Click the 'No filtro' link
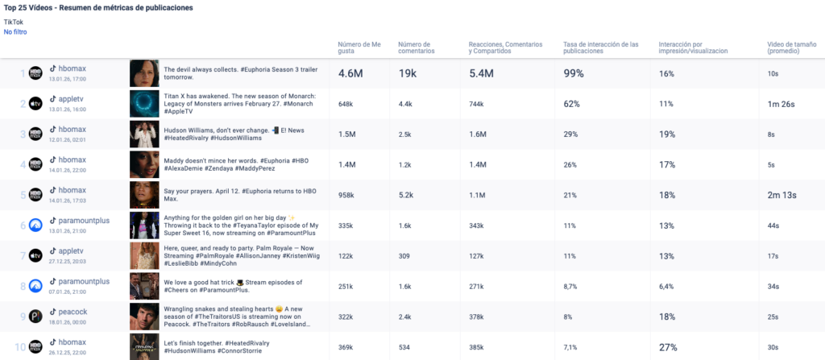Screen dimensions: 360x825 click(15, 32)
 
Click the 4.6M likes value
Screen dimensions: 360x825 click(351, 73)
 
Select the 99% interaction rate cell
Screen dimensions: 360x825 click(574, 73)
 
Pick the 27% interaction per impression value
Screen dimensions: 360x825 click(667, 347)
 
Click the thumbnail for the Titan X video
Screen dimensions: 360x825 click(143, 103)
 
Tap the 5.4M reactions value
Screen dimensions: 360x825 click(484, 73)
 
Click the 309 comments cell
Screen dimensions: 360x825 click(405, 256)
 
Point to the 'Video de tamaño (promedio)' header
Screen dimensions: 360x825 click(794, 48)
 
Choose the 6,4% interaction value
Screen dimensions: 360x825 click(667, 286)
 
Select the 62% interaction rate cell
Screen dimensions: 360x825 click(571, 104)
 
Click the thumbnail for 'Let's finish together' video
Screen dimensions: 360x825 click(143, 346)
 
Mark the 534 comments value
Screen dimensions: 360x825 click(405, 347)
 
